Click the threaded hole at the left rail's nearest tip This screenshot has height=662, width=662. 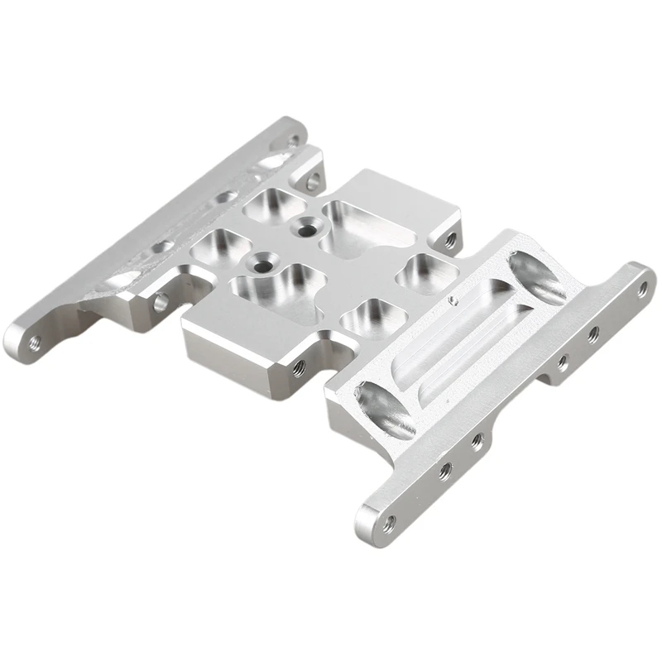tap(34, 339)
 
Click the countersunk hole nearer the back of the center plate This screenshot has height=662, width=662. tap(308, 223)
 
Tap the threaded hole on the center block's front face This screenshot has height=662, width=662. tap(299, 364)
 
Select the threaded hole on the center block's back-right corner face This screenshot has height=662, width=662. tap(449, 240)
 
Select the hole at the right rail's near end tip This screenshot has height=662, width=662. tap(388, 520)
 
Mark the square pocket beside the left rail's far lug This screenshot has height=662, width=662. tap(270, 201)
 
